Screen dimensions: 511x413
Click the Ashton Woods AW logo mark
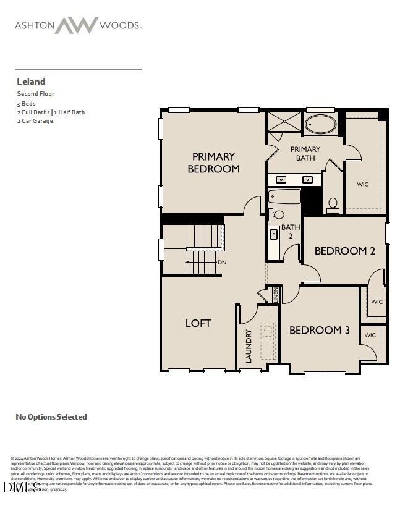pyautogui.click(x=77, y=25)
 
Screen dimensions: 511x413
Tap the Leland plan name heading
pyautogui.click(x=30, y=82)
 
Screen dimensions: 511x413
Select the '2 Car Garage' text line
pyautogui.click(x=35, y=121)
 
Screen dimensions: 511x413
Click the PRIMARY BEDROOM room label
pyautogui.click(x=213, y=163)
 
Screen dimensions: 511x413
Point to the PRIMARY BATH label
pyautogui.click(x=305, y=153)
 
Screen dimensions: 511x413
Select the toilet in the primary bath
pyautogui.click(x=333, y=205)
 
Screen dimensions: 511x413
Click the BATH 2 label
pyautogui.click(x=291, y=231)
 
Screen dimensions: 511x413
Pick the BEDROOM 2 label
pyautogui.click(x=345, y=251)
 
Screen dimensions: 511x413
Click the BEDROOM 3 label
pyautogui.click(x=320, y=331)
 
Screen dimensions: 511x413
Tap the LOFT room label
pyautogui.click(x=198, y=323)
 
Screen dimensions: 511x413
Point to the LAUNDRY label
pyautogui.click(x=249, y=346)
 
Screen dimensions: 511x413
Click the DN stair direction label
pyautogui.click(x=222, y=263)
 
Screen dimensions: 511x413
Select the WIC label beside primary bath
pyautogui.click(x=362, y=184)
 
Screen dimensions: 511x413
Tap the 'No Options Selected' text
pyautogui.click(x=51, y=417)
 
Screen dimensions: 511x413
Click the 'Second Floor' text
pyautogui.click(x=36, y=94)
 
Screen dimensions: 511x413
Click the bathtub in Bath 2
pyautogui.click(x=284, y=196)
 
